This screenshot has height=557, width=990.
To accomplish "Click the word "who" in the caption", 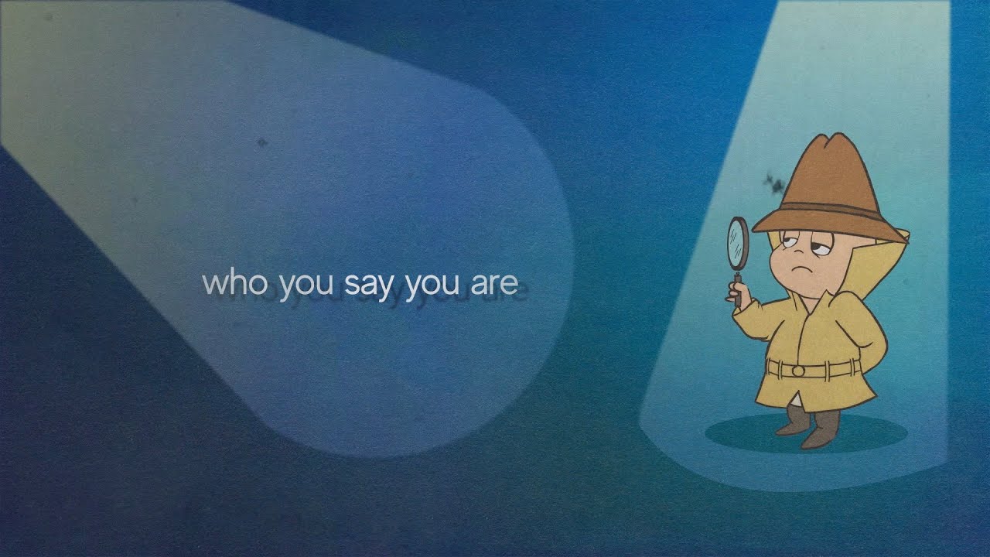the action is tap(234, 283).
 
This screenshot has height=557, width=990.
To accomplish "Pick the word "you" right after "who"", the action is tap(306, 286).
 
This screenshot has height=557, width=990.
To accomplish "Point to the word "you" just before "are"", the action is tap(432, 286).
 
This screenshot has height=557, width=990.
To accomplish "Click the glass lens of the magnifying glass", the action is tap(737, 243).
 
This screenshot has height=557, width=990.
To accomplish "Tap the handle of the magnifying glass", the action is tap(738, 289).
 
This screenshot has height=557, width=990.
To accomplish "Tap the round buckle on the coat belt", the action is tap(797, 371).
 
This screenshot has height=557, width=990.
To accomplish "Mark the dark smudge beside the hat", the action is tap(773, 183).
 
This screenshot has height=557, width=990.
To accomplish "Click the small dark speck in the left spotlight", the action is tap(261, 143).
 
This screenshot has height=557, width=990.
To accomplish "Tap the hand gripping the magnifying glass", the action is tap(738, 296).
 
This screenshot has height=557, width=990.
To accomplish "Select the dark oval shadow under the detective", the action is tap(805, 433).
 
